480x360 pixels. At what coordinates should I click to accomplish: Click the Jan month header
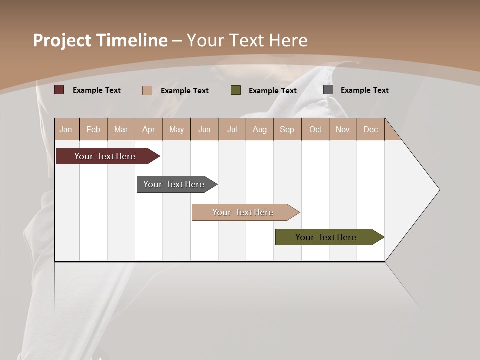pyautogui.click(x=66, y=129)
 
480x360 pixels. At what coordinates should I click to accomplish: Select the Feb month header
pyautogui.click(x=93, y=129)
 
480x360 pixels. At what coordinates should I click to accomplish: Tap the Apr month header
pyautogui.click(x=148, y=129)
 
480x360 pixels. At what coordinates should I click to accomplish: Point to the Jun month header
pyautogui.click(x=204, y=129)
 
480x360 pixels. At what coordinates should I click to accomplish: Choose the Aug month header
pyautogui.click(x=260, y=129)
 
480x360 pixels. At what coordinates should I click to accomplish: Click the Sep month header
pyautogui.click(x=287, y=129)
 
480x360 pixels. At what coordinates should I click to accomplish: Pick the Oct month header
pyautogui.click(x=315, y=129)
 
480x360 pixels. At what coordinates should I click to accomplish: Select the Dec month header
pyautogui.click(x=370, y=129)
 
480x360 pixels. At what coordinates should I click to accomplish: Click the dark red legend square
pyautogui.click(x=59, y=90)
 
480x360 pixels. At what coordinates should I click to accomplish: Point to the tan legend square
pyautogui.click(x=147, y=90)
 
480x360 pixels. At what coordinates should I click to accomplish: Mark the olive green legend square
pyautogui.click(x=236, y=90)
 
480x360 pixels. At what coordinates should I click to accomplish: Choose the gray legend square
pyautogui.click(x=328, y=90)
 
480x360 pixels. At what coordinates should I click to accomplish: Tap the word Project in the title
pyautogui.click(x=62, y=40)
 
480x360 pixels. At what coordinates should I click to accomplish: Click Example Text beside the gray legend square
pyautogui.click(x=364, y=90)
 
